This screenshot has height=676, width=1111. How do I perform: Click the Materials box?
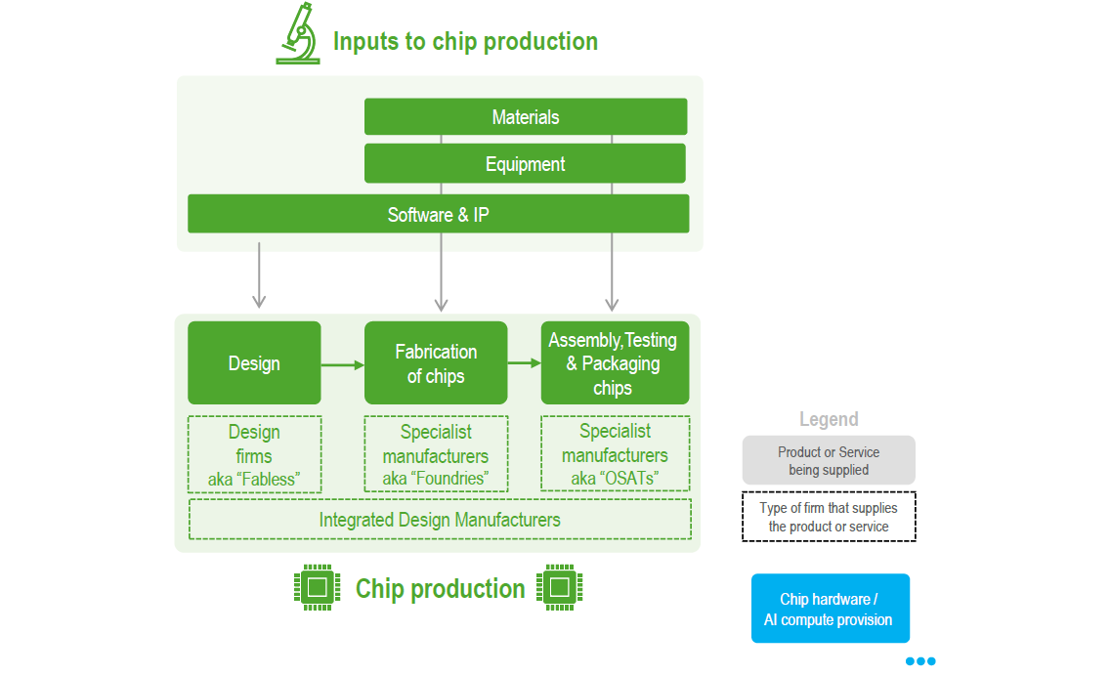[x=526, y=116]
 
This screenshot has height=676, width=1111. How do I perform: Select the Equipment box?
[x=525, y=164]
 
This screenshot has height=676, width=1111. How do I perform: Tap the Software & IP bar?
[x=439, y=214]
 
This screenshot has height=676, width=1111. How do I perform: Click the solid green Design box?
[x=254, y=362]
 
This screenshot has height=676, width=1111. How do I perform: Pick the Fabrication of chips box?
[x=436, y=362]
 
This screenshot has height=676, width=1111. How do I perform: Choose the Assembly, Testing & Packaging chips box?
[x=615, y=362]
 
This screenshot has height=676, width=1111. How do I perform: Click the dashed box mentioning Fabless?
[x=254, y=454]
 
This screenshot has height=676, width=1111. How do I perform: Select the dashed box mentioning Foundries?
[x=436, y=454]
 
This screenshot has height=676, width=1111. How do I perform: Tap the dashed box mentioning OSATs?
[x=615, y=453]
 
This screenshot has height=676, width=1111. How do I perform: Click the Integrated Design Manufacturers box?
[x=440, y=520]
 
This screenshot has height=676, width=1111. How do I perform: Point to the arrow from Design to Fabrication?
[x=343, y=365]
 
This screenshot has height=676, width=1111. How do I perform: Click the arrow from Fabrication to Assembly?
[x=525, y=362]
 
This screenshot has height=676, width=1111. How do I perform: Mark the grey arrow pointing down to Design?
[x=259, y=275]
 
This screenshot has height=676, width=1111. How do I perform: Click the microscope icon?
[x=298, y=34]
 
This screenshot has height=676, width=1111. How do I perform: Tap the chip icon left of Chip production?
[x=318, y=587]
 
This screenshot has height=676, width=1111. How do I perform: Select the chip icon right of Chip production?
[x=560, y=587]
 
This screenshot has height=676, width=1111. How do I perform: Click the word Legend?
[x=829, y=419]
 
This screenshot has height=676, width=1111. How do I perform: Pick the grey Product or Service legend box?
[x=829, y=460]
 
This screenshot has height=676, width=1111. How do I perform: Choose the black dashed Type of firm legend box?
[x=829, y=517]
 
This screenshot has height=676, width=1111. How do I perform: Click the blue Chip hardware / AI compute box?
[x=831, y=609]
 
